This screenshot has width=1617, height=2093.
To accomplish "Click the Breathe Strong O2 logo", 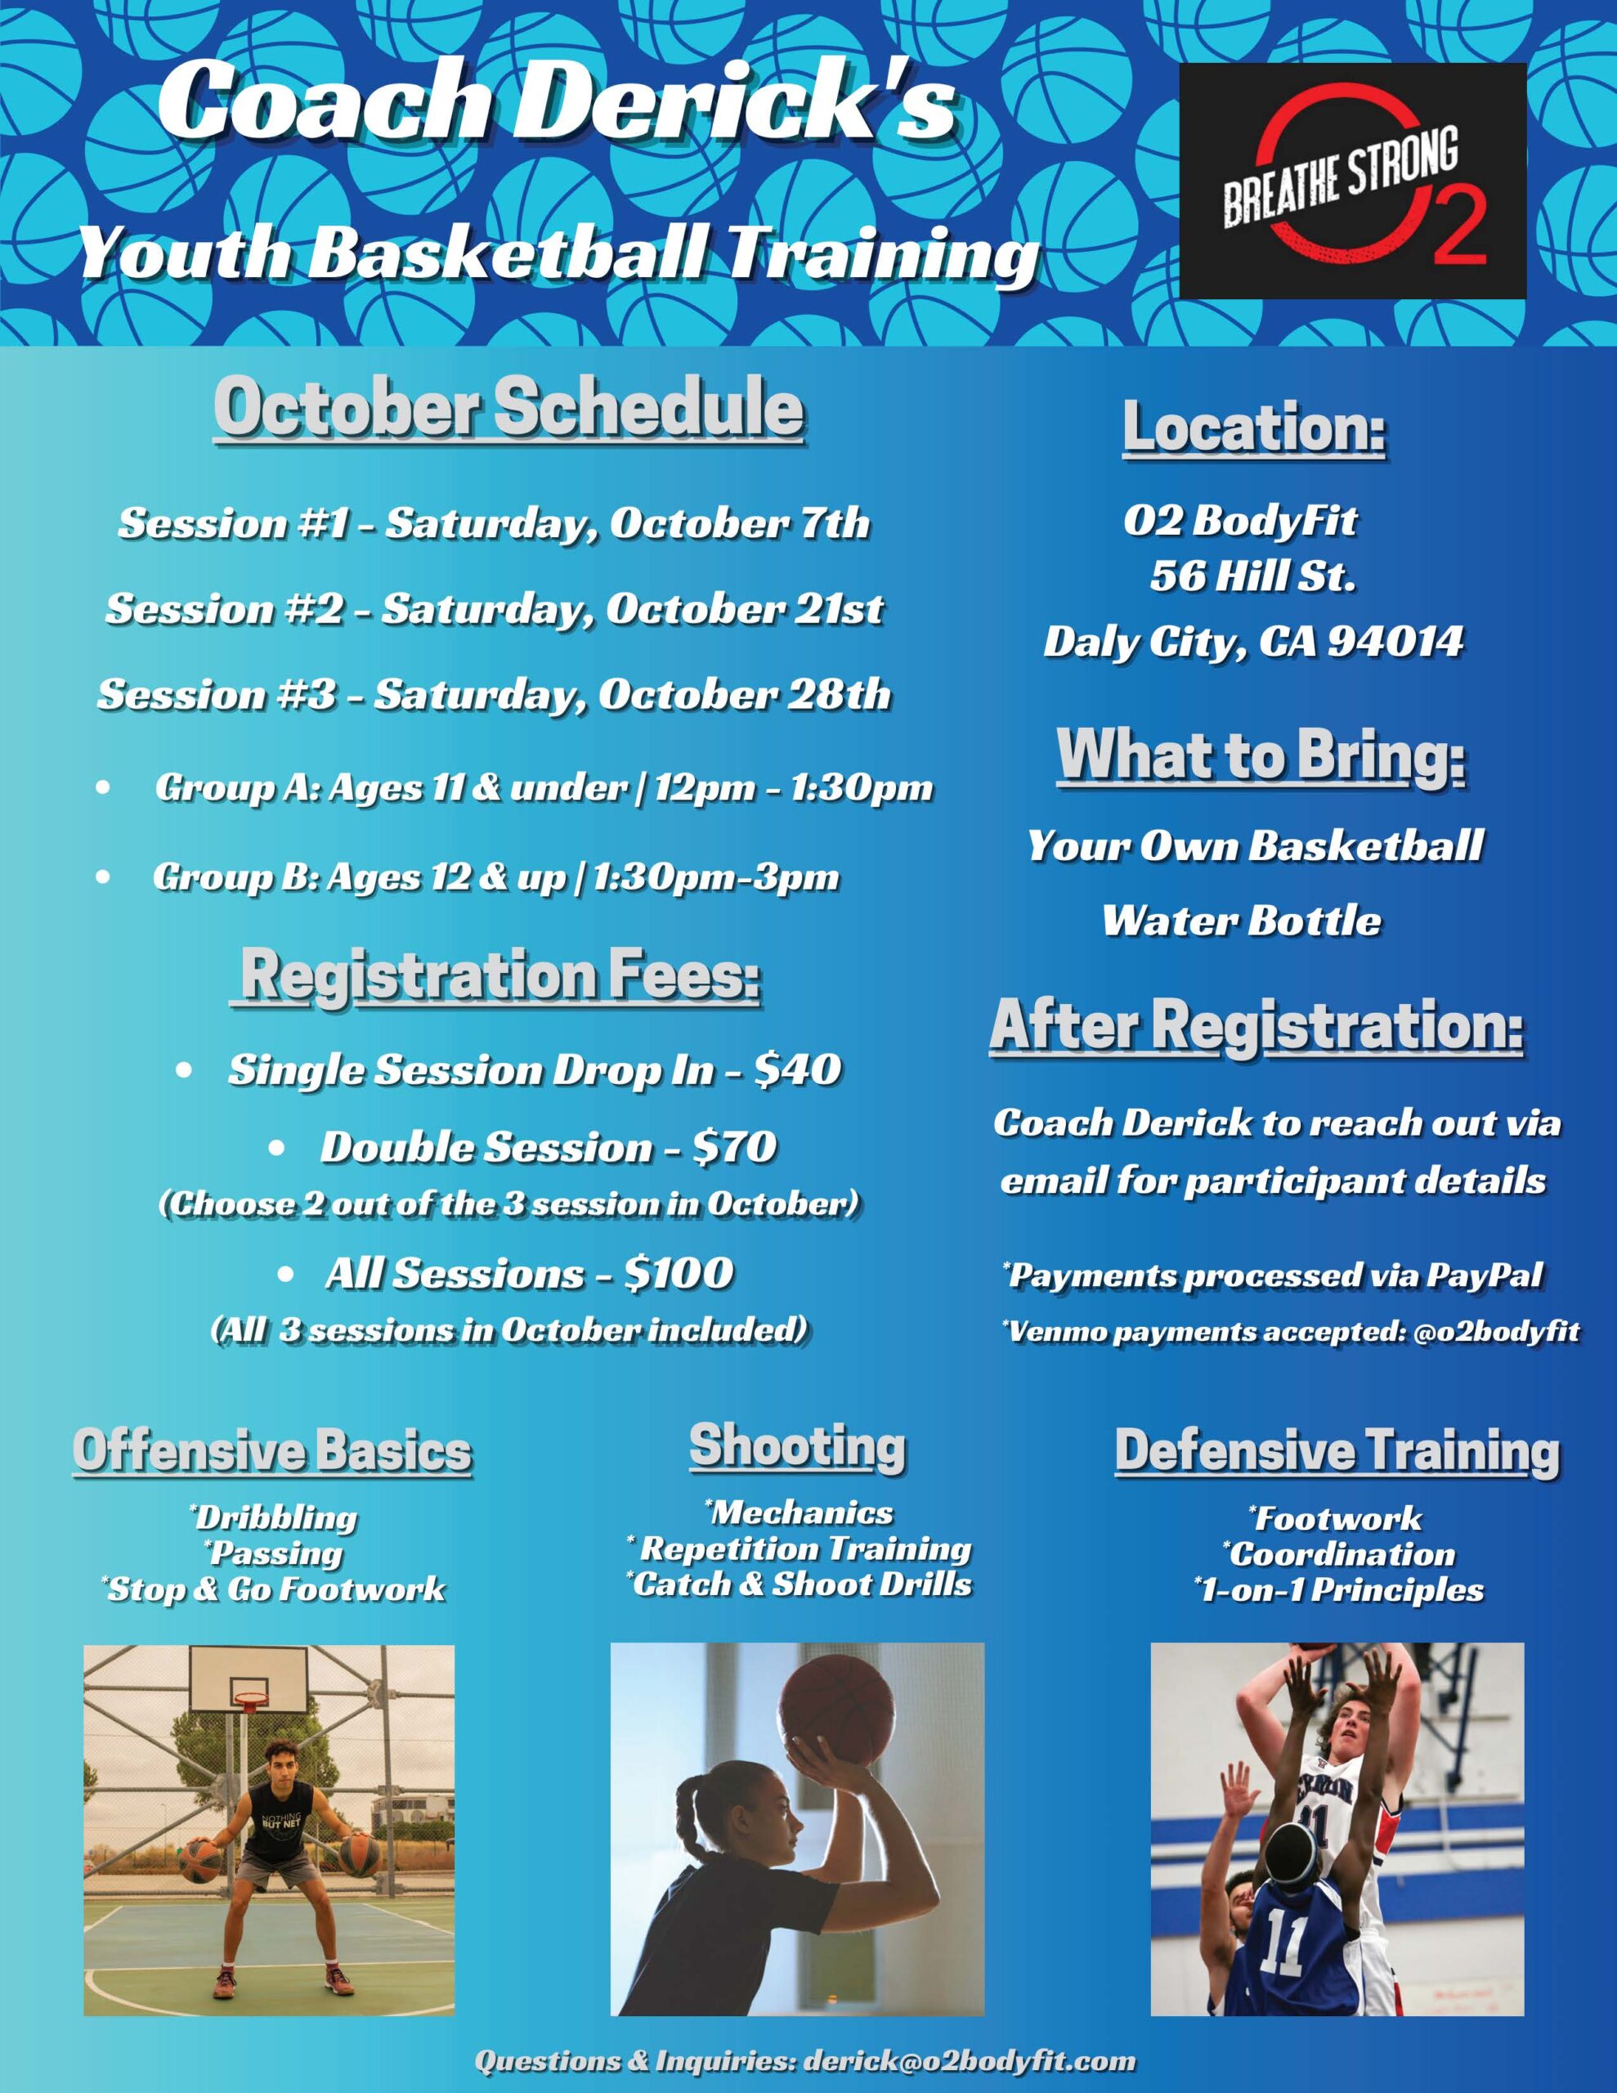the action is [1352, 182].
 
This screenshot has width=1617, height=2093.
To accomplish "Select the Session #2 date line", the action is [495, 609].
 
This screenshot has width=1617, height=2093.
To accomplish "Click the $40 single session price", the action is [798, 1069].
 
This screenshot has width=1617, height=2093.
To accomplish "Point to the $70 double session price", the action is [733, 1147].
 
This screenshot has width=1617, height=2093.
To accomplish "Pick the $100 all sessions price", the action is [679, 1274].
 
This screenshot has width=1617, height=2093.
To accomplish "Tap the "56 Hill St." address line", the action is [1252, 576].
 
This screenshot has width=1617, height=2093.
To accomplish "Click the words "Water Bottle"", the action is [1241, 920].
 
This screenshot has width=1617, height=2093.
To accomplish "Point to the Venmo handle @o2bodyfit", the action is [1496, 1331].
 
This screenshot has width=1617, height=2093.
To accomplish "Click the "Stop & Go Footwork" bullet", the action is [273, 1589].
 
